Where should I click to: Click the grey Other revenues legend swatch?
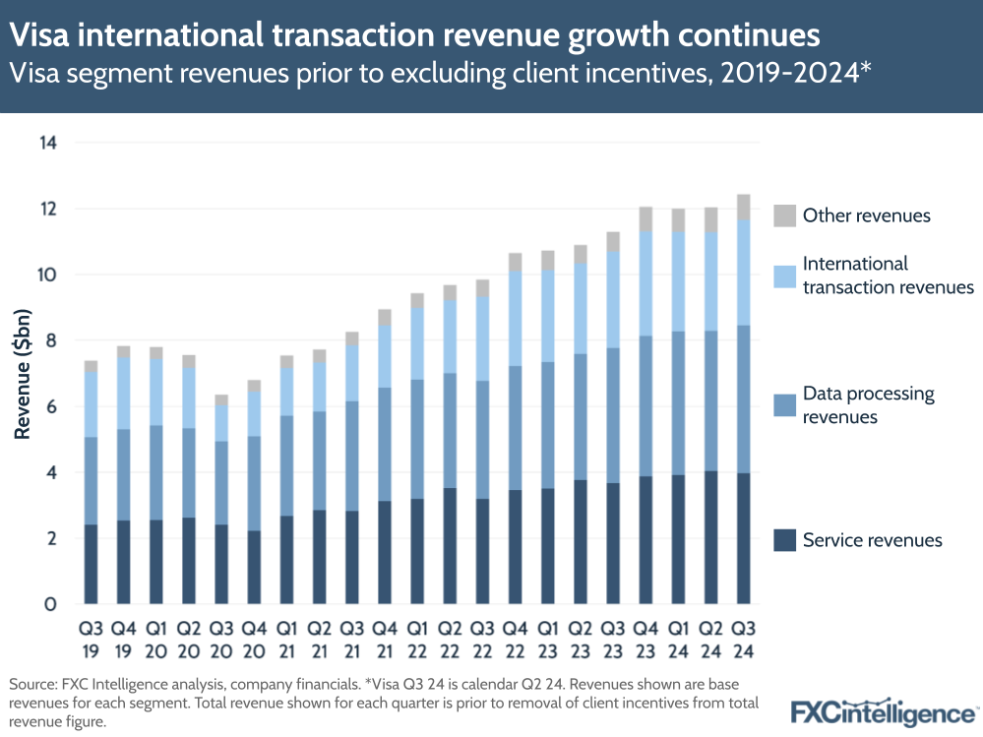click(784, 215)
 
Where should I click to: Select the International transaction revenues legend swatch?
click(784, 276)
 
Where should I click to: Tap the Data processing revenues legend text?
click(868, 404)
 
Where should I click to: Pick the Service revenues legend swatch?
click(784, 539)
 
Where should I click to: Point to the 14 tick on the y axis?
click(47, 143)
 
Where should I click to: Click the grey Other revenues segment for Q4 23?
click(645, 218)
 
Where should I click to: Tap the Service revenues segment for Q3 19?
click(91, 564)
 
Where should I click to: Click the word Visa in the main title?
click(40, 35)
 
